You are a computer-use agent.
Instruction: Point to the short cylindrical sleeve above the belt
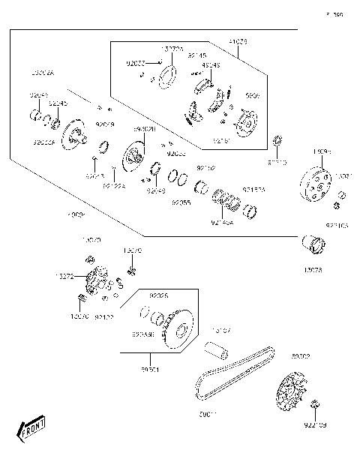point(217,350)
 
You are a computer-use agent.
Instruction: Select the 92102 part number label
point(205,168)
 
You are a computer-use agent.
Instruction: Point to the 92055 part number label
point(180,202)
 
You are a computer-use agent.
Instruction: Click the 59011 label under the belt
point(207,414)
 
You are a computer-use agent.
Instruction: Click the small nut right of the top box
point(277,141)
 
